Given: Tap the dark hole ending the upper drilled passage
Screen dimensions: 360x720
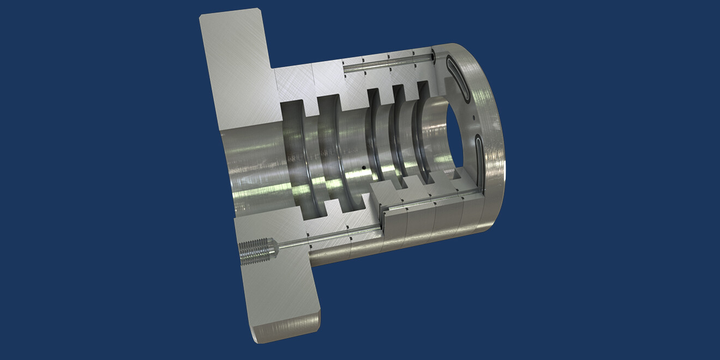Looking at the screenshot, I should pyautogui.click(x=433, y=56).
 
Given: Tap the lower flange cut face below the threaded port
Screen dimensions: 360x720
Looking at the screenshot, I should pyautogui.click(x=278, y=295).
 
